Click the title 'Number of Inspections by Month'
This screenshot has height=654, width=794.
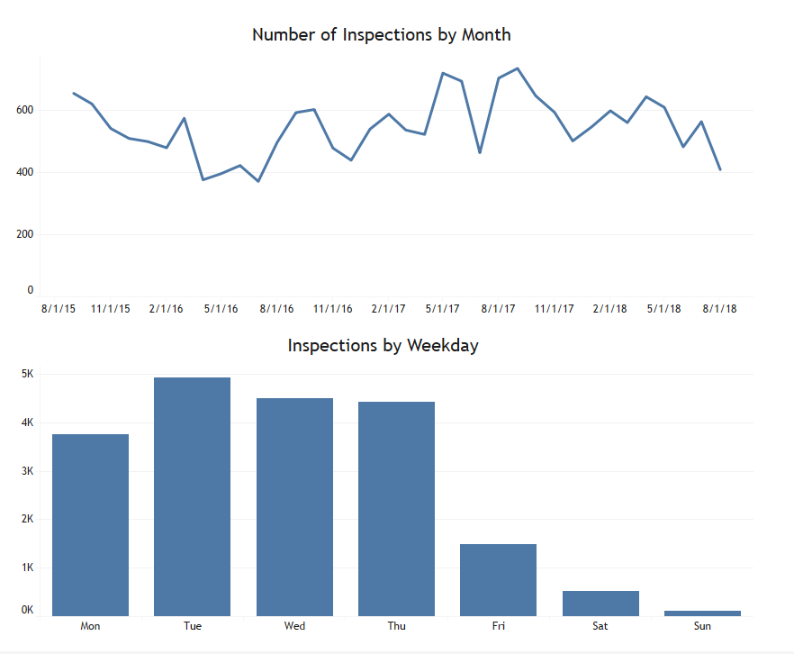click(x=382, y=35)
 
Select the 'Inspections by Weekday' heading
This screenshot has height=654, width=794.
click(x=383, y=346)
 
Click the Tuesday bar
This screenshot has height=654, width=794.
click(x=192, y=496)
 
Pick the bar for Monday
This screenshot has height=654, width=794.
click(x=90, y=525)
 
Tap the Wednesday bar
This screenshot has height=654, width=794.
click(x=294, y=507)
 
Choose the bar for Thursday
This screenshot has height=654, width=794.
click(x=396, y=509)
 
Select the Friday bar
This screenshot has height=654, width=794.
click(x=499, y=580)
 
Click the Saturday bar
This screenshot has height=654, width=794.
click(x=600, y=604)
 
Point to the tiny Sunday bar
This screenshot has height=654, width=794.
click(x=702, y=613)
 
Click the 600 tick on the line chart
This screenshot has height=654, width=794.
click(x=25, y=110)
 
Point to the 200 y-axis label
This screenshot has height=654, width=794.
click(x=25, y=234)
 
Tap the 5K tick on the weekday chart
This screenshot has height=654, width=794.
click(x=27, y=374)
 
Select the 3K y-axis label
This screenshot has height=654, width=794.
click(x=27, y=471)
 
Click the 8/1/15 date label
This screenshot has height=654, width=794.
click(x=59, y=308)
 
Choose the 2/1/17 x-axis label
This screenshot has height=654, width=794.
click(x=388, y=308)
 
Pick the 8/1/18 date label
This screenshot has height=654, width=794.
click(x=719, y=308)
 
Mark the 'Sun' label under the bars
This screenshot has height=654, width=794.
click(x=702, y=626)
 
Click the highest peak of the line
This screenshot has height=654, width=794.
click(x=517, y=68)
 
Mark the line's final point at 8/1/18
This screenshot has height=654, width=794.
click(x=720, y=169)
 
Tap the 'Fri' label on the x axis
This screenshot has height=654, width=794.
click(x=499, y=626)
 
